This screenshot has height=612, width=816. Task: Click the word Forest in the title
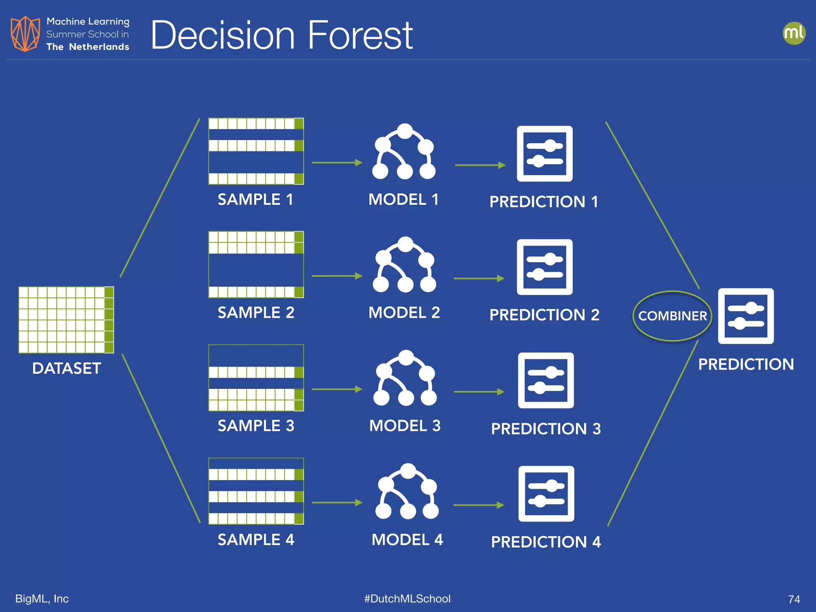[360, 36]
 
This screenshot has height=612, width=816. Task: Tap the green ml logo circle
[794, 33]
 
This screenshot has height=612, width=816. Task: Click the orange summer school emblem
[25, 34]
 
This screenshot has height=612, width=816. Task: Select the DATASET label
[67, 368]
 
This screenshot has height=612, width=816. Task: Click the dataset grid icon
[66, 320]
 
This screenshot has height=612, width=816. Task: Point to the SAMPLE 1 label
[255, 199]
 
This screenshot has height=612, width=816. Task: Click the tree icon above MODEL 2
[405, 265]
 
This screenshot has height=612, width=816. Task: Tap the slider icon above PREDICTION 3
[546, 381]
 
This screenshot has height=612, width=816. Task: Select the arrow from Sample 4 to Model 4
[337, 503]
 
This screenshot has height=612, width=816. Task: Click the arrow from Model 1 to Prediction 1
[480, 165]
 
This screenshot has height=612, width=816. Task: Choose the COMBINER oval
[672, 316]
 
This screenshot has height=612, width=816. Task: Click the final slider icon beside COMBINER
[746, 316]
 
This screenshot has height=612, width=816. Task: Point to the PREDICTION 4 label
[545, 542]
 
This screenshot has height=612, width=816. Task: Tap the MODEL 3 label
[405, 426]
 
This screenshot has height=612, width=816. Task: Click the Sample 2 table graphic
[256, 265]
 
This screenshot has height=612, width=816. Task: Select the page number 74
[794, 599]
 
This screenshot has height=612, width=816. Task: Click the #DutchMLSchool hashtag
[407, 598]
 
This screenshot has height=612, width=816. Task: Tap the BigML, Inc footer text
[42, 598]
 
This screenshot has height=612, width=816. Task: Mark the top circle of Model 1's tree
[405, 131]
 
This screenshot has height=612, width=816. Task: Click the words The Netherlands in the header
[88, 47]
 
